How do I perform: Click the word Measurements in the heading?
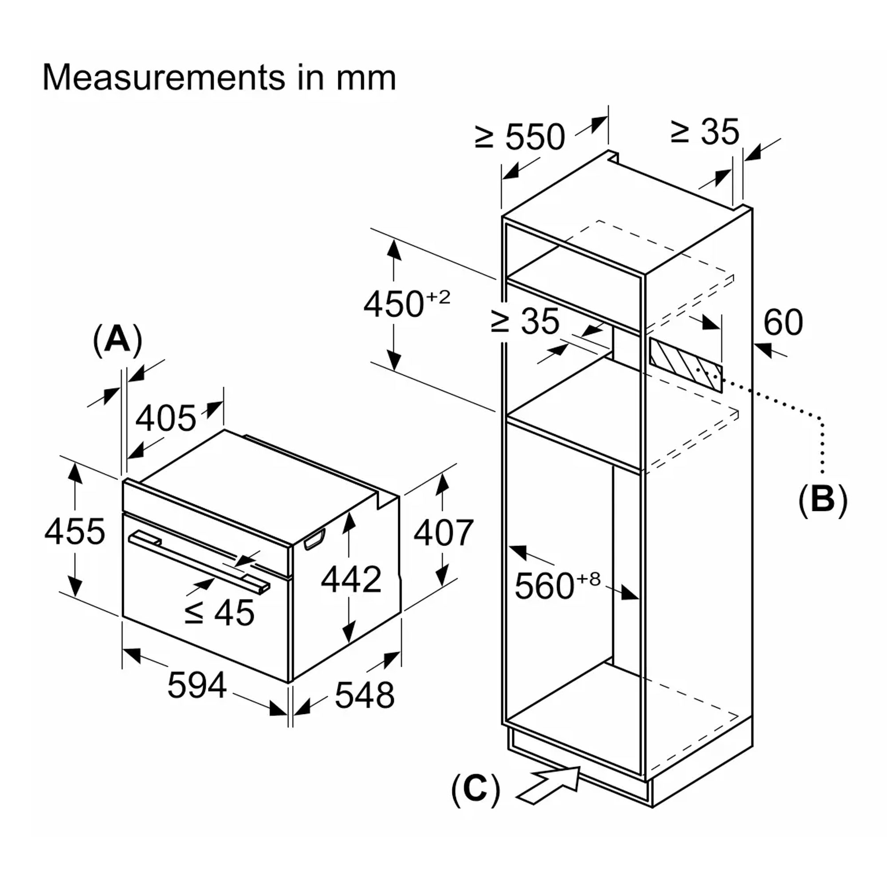click(164, 78)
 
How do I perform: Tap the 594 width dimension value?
click(197, 686)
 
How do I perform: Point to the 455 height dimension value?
click(75, 532)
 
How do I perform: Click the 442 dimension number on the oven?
click(351, 579)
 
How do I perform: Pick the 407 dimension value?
click(443, 533)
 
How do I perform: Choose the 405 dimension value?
click(166, 418)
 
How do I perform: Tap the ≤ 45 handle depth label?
click(219, 612)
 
